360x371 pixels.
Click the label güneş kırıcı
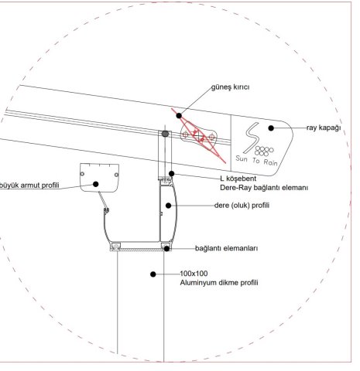(x=231, y=87)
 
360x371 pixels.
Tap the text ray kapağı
(x=324, y=128)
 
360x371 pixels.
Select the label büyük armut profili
(x=29, y=185)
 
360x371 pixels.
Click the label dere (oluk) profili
(x=242, y=206)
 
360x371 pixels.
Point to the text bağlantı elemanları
(x=226, y=248)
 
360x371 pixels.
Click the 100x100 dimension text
(x=194, y=274)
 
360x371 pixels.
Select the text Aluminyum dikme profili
(x=219, y=283)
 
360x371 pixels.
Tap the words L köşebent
(x=238, y=179)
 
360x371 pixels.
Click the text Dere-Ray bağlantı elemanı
(x=264, y=188)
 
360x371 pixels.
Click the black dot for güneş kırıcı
(x=179, y=116)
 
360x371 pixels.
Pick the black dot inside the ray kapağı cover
(x=271, y=128)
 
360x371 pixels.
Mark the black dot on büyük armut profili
(x=96, y=184)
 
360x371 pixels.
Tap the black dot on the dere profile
(x=168, y=206)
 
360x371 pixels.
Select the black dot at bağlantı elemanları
(x=167, y=249)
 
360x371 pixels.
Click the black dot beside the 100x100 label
(x=153, y=274)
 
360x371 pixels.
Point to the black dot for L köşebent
(x=172, y=174)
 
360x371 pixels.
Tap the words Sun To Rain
(x=256, y=160)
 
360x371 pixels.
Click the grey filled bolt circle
(x=165, y=134)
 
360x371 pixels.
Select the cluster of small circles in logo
(x=264, y=151)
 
